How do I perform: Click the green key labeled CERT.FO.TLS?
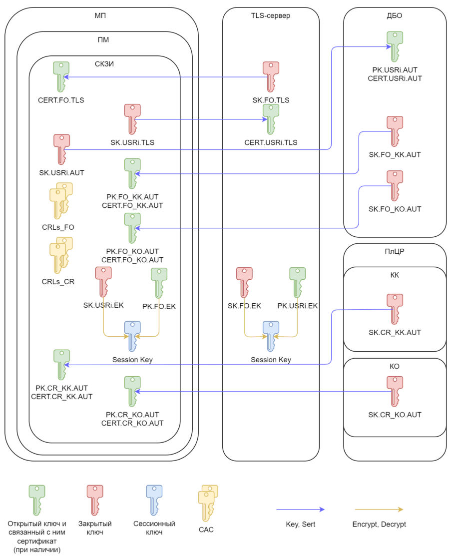[61, 76]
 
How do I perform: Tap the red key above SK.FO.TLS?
[271, 76]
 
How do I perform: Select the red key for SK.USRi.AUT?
[62, 148]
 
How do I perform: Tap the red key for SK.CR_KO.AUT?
[395, 391]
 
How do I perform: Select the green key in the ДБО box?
[395, 46]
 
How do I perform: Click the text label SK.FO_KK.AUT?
[395, 155]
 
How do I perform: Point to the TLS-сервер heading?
[271, 15]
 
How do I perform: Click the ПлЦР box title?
[395, 251]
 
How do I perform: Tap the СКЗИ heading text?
[104, 63]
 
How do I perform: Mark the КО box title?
[395, 366]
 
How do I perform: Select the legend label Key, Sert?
[300, 525]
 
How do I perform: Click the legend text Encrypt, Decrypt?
[379, 525]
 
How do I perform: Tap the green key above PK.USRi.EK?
[298, 282]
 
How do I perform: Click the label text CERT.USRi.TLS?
[271, 142]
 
